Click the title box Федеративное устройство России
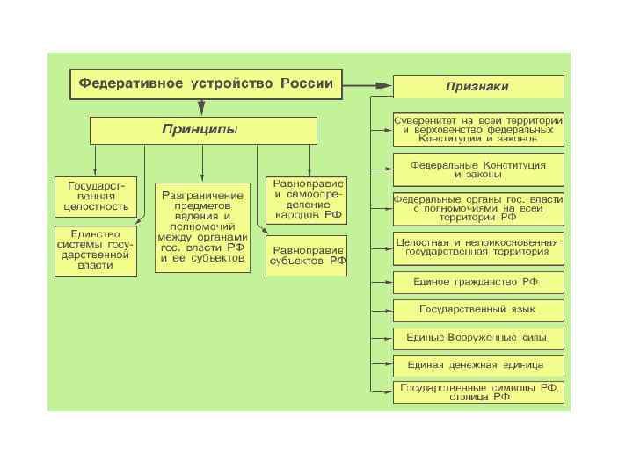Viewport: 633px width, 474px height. [206, 85]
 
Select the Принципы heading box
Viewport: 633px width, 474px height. [202, 131]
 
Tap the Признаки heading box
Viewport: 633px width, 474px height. [478, 86]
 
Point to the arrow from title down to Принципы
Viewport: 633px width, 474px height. [202, 107]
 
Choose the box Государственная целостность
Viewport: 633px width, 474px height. [96, 197]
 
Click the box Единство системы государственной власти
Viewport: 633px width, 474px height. [96, 249]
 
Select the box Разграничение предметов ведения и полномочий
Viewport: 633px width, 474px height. [203, 227]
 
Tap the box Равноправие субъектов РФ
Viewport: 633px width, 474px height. [307, 255]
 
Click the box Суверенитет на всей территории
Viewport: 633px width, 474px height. [478, 128]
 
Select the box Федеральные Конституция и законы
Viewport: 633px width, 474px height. [478, 169]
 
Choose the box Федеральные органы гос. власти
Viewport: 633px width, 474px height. [478, 209]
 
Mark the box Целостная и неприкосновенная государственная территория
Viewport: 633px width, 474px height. [478, 246]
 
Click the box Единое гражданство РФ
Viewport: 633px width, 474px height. [478, 283]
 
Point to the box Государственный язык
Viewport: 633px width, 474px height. [478, 310]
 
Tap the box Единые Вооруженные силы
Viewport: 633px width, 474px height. [478, 338]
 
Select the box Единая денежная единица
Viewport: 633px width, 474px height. [478, 364]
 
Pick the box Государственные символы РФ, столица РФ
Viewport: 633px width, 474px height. [478, 391]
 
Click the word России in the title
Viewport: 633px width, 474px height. [307, 84]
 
